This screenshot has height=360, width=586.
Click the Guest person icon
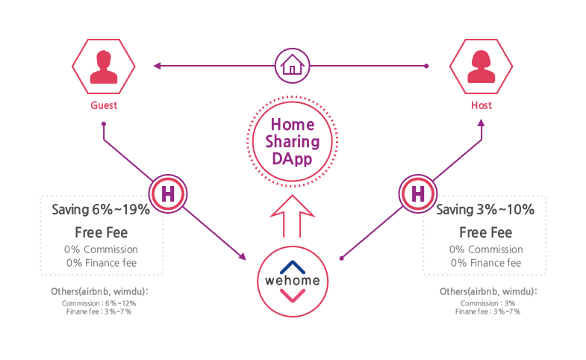pyautogui.click(x=104, y=66)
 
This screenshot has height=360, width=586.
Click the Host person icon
pyautogui.click(x=481, y=66)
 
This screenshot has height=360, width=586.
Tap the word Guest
pyautogui.click(x=104, y=105)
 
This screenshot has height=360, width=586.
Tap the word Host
pyautogui.click(x=481, y=105)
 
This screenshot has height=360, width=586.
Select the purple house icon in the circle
pyautogui.click(x=292, y=66)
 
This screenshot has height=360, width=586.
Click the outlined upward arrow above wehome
pyautogui.click(x=292, y=216)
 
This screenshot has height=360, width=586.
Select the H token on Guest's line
pyautogui.click(x=168, y=193)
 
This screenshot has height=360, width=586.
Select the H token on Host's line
pyautogui.click(x=418, y=193)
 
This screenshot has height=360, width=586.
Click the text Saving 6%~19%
pyautogui.click(x=101, y=210)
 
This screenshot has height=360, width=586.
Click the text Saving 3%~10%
pyautogui.click(x=485, y=210)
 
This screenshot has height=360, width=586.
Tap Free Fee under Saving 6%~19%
pyautogui.click(x=102, y=232)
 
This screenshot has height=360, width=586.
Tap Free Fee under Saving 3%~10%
pyautogui.click(x=485, y=232)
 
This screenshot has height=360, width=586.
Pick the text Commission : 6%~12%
pyautogui.click(x=99, y=303)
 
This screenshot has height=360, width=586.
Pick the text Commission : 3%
pyautogui.click(x=487, y=303)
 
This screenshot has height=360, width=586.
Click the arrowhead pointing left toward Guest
pyautogui.click(x=158, y=66)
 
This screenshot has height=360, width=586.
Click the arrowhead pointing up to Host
pyautogui.click(x=481, y=123)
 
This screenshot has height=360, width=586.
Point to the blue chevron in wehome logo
pyautogui.click(x=293, y=267)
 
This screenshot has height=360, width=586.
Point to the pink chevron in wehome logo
pyautogui.click(x=293, y=296)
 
